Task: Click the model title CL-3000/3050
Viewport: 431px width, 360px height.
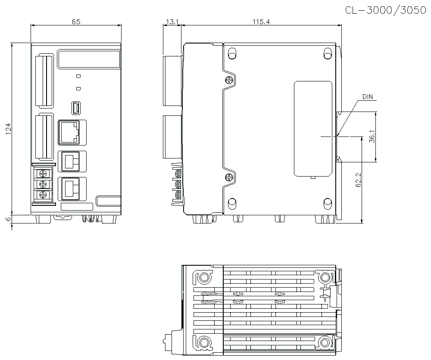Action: (x=385, y=10)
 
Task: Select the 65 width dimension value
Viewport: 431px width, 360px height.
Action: (x=76, y=22)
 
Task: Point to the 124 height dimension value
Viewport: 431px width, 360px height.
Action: (x=8, y=128)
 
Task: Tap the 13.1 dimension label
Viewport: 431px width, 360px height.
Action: (x=172, y=22)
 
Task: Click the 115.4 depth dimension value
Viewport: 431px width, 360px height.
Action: (x=261, y=22)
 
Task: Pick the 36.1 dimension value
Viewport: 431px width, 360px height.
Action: (x=372, y=137)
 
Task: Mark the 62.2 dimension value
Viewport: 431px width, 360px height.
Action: (x=358, y=180)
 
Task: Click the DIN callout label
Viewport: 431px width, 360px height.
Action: (x=368, y=96)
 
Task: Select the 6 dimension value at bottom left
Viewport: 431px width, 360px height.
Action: (x=8, y=219)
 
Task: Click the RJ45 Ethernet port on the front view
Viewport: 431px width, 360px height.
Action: (x=69, y=132)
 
